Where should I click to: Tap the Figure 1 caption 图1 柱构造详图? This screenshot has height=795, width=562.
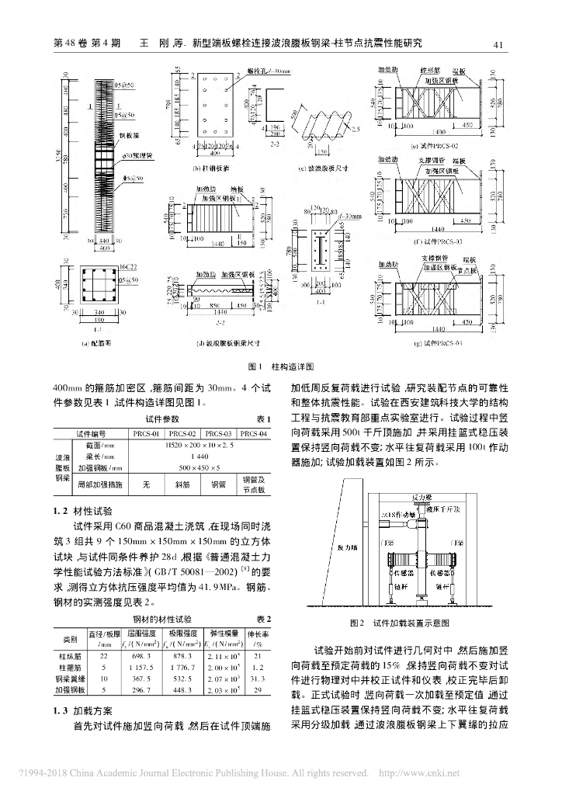(x=280, y=365)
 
